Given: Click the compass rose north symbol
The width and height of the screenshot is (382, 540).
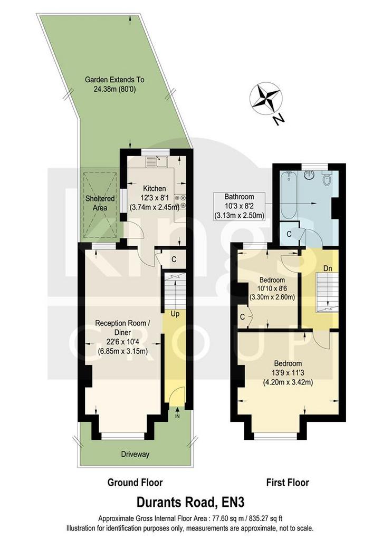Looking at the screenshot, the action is coord(266,99).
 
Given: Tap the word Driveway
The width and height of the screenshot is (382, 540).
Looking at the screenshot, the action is coord(136,454).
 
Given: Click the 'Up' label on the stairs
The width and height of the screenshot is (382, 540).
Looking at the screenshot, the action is coord(175,314).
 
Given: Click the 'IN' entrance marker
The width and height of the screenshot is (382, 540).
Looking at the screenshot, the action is coord(177,417).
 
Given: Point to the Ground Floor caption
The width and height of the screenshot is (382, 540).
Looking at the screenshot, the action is coord(135,483).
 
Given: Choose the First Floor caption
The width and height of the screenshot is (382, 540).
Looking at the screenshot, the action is coord(288,483).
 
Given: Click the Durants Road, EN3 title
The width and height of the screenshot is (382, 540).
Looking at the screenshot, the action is coord(190,502).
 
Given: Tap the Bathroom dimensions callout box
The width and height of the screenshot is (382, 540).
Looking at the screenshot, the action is coord(240,206).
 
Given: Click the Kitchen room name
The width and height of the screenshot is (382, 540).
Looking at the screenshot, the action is coord(154,188).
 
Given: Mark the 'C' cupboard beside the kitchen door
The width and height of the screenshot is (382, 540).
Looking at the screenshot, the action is coord(174,259).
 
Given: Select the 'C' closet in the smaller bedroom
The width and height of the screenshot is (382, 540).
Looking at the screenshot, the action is coord(243,317).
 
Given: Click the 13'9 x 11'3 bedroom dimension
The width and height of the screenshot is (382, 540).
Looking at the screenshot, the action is coord(288,373).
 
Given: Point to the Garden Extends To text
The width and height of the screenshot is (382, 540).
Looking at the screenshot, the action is coord(114,80).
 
